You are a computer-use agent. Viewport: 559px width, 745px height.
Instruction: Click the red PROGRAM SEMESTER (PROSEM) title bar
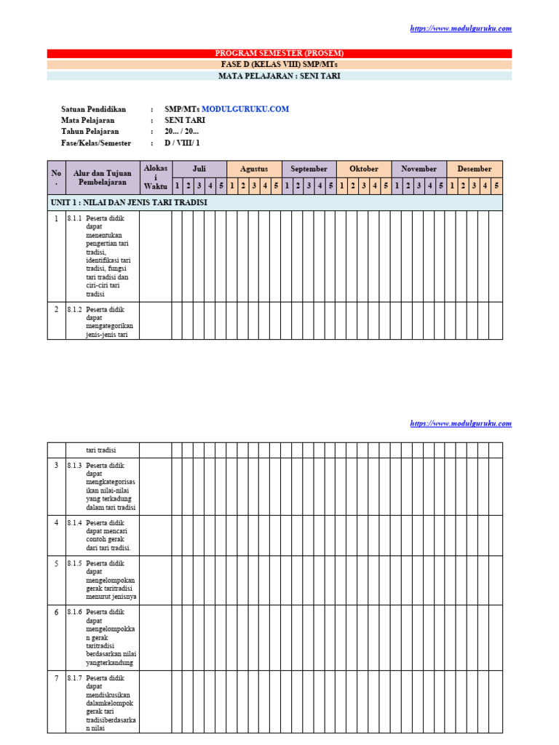tap(279, 53)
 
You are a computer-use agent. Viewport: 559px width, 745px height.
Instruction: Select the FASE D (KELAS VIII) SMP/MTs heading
tap(279, 64)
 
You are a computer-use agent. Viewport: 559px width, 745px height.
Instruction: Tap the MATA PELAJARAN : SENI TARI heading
tap(279, 76)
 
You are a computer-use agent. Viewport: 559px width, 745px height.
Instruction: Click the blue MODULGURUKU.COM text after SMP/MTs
tap(245, 109)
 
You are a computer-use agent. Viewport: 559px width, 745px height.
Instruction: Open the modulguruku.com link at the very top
tap(461, 28)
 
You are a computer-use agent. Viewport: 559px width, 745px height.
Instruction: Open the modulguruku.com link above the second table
tap(461, 423)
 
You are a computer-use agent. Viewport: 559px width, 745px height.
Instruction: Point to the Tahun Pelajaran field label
tap(90, 132)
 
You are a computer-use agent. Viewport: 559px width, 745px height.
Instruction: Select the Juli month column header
tap(199, 169)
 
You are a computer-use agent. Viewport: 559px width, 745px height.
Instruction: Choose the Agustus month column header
tap(254, 169)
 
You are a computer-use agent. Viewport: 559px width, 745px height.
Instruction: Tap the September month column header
tap(309, 169)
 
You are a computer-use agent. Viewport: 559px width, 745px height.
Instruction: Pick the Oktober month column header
tap(364, 169)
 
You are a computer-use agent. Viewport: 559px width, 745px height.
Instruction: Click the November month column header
tap(419, 169)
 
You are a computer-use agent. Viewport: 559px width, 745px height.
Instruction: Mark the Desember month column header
tap(475, 169)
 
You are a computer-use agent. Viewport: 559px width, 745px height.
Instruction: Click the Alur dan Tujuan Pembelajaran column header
tap(103, 178)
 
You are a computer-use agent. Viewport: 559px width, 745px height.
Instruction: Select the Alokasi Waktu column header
tap(156, 178)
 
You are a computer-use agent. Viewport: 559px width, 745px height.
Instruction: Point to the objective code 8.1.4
tap(74, 523)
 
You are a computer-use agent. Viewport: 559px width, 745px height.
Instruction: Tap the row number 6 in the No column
tap(56, 613)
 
